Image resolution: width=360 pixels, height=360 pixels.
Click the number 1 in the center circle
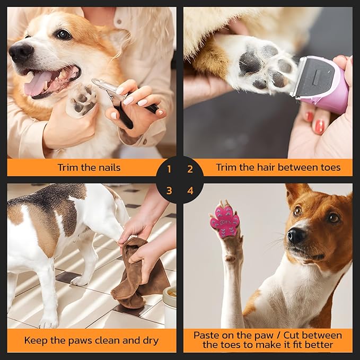tap(169, 170)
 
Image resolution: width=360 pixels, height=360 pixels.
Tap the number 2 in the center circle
tap(190, 170)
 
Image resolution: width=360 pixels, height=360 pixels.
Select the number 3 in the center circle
tap(169, 190)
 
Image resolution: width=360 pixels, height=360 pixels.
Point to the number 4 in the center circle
tap(190, 190)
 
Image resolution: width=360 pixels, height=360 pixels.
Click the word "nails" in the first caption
tap(108, 168)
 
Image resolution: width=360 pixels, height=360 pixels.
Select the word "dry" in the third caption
tap(148, 340)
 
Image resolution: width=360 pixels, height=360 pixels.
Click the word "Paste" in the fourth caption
tap(207, 335)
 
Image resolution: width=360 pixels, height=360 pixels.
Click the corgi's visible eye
tap(63, 34)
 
